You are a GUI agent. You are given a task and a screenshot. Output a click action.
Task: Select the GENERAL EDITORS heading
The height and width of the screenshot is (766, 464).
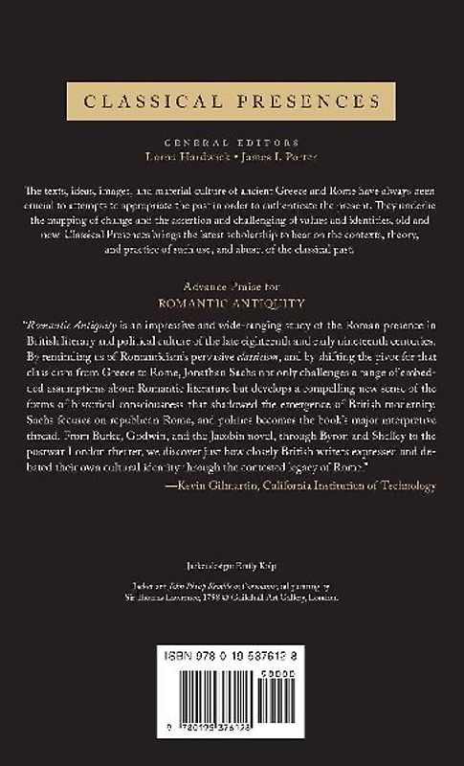pos(232,137)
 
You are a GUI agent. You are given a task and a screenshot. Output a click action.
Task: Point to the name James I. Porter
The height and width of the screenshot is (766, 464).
pos(277,151)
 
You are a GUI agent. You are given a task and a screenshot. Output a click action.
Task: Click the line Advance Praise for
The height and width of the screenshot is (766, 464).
pos(232,286)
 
